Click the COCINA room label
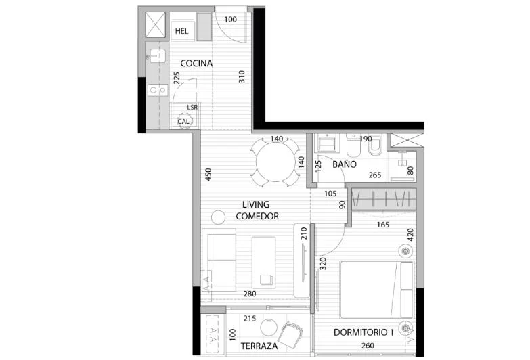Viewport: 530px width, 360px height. [x=196, y=63]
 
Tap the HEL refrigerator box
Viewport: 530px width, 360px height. [x=183, y=31]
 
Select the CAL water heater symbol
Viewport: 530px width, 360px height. [x=184, y=121]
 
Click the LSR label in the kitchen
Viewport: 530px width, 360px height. [x=192, y=107]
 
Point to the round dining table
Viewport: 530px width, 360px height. [x=275, y=162]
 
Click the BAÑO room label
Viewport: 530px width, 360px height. [x=345, y=164]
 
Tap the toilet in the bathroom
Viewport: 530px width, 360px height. [x=354, y=146]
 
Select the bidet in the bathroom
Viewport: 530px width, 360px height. [x=375, y=146]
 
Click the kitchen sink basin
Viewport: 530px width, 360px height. [x=158, y=56]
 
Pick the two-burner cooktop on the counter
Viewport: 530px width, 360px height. [x=158, y=90]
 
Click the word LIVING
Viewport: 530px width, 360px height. [x=256, y=204]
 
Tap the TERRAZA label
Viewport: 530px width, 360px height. [x=259, y=346]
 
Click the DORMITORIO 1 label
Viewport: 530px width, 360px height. [x=363, y=332]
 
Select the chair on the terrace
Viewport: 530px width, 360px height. [x=290, y=335]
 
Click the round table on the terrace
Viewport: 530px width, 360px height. [x=269, y=328]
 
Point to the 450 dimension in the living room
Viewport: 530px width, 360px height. [x=208, y=175]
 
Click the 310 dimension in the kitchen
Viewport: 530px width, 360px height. [x=242, y=77]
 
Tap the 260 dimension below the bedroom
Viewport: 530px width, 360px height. [x=368, y=346]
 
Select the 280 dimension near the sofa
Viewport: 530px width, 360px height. [x=250, y=294]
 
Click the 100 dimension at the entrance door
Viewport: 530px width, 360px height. [x=231, y=20]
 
